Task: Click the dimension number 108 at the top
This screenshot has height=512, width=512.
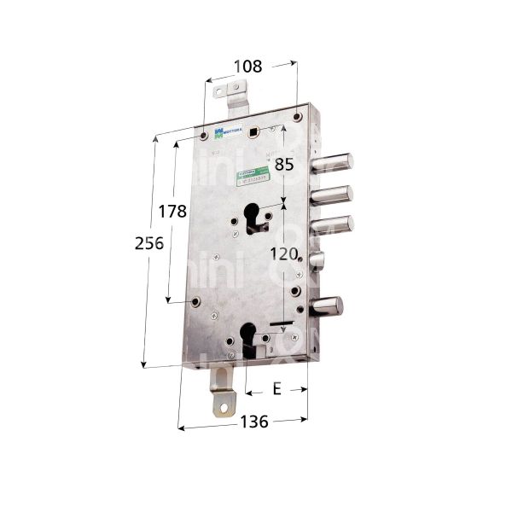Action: (x=249, y=65)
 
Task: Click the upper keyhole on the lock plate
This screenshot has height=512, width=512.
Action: (x=254, y=218)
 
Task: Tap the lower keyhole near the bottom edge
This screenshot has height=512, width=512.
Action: (x=249, y=336)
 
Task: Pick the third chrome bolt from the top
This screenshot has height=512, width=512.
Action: (x=333, y=227)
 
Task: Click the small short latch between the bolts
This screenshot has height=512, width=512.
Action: (x=317, y=261)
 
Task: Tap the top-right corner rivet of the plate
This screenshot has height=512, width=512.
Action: (x=297, y=117)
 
